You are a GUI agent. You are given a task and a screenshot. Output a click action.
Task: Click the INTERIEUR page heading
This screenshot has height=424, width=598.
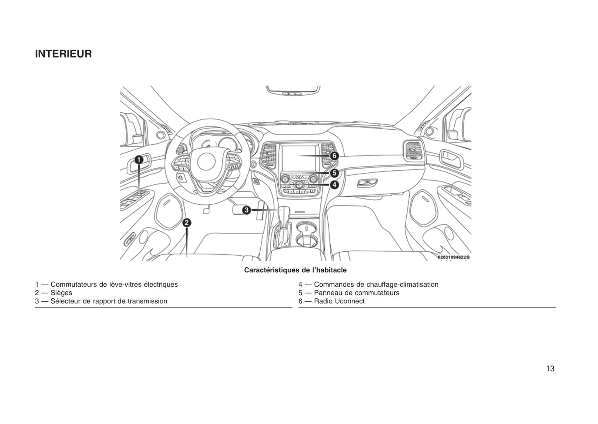click(x=63, y=54)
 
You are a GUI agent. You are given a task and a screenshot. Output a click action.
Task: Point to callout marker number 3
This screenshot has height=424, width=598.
click(x=246, y=210)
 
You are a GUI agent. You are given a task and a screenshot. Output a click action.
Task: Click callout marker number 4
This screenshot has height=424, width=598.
click(x=334, y=185)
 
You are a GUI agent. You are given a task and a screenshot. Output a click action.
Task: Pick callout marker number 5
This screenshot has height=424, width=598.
click(x=334, y=173)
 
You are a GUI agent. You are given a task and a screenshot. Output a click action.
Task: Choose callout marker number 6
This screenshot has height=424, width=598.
click(x=334, y=156)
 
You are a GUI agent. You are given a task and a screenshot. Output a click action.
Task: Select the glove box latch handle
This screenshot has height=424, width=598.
click(x=367, y=182)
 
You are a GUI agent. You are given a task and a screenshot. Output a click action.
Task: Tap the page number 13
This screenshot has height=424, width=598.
click(x=550, y=369)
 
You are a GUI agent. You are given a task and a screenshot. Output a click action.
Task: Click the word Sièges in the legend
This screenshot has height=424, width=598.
click(x=61, y=293)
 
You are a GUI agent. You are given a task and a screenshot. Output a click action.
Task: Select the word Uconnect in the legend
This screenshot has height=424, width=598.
click(x=350, y=301)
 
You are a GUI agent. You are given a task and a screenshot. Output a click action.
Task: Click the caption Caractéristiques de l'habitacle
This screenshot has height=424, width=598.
click(x=295, y=270)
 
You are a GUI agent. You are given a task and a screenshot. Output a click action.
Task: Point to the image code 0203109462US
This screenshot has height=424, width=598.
click(x=453, y=257)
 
